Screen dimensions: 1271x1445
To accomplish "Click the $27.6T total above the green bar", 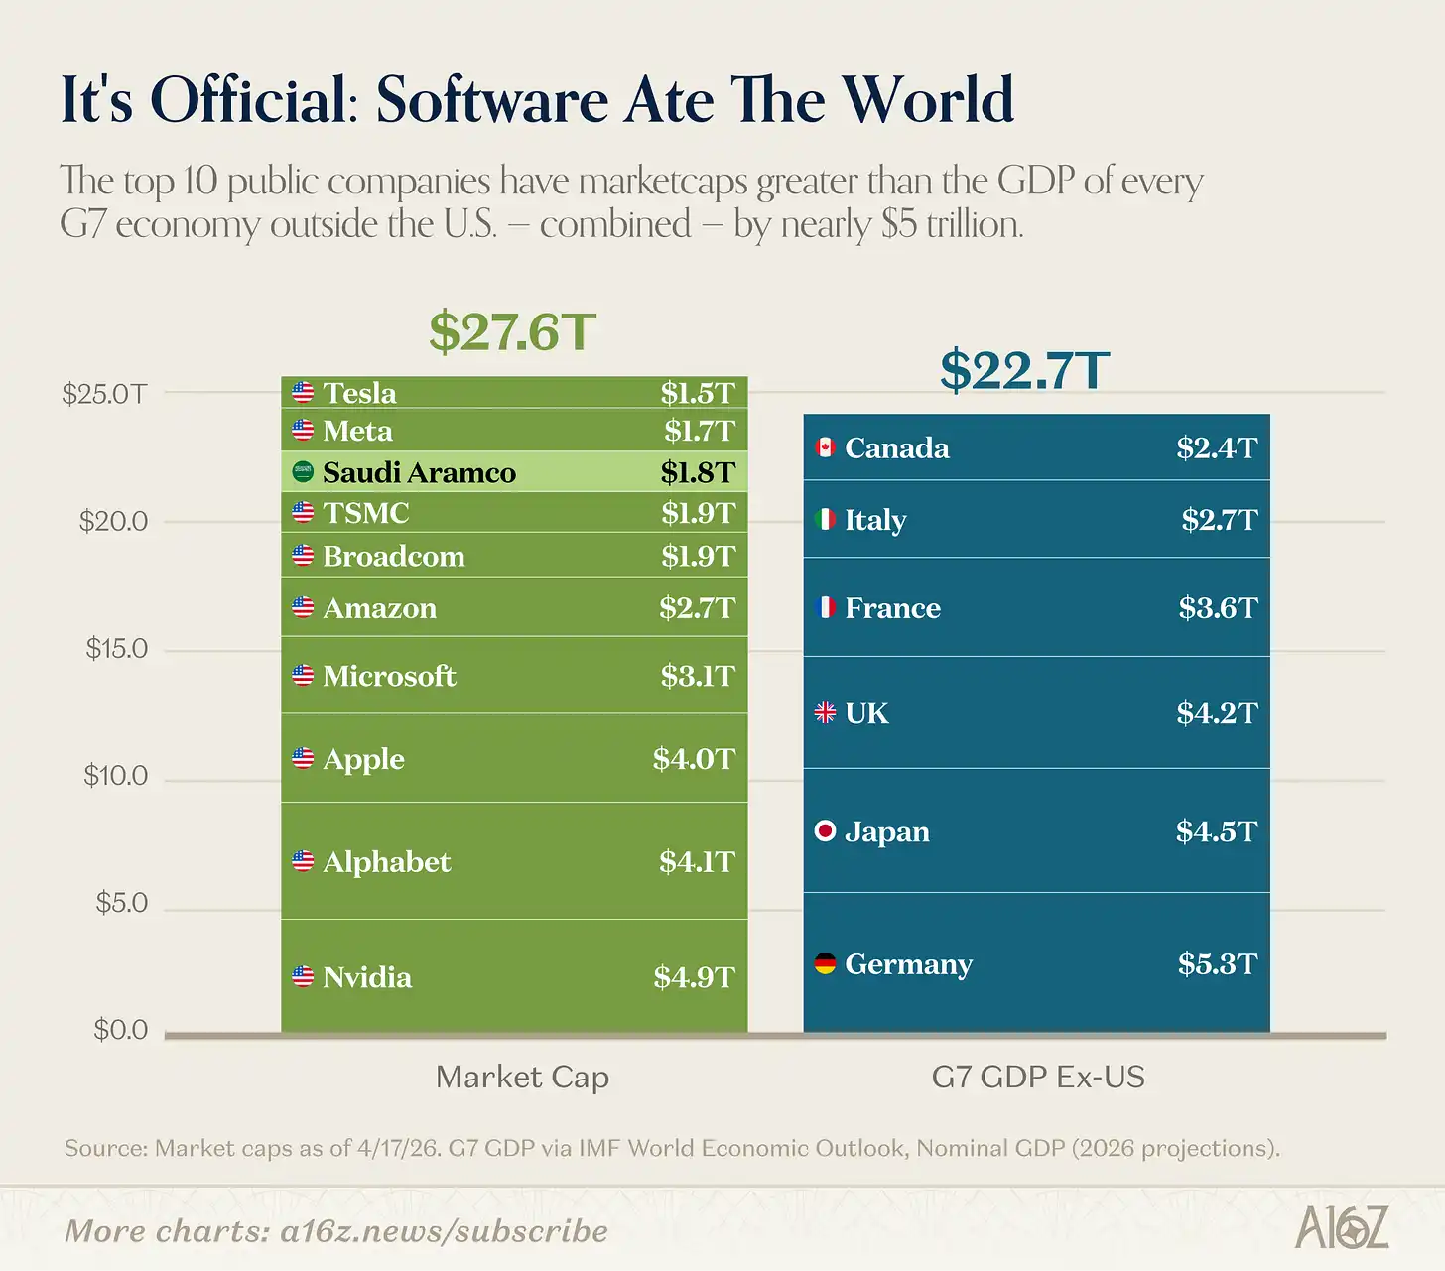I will point(512,332).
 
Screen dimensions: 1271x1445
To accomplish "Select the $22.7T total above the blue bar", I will point(1024,371).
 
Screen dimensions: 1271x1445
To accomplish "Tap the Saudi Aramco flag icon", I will point(303,472).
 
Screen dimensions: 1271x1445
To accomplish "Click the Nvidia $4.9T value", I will point(694,977).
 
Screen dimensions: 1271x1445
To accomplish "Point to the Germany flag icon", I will point(825,963).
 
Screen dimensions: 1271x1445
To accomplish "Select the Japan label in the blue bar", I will point(886,831).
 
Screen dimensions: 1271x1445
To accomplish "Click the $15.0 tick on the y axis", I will point(116,649).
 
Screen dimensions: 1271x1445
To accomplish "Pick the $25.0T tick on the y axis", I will point(104,394).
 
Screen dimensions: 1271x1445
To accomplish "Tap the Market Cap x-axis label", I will point(522,1077).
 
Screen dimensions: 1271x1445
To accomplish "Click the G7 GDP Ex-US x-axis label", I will point(1038,1077).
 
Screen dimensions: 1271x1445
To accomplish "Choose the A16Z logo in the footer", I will point(1342,1228).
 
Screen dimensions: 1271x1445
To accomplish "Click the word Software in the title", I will point(491,100).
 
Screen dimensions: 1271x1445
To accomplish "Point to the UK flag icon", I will point(825,712).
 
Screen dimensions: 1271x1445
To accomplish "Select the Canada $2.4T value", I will point(1217,447).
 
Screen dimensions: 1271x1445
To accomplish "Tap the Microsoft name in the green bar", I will point(389,676).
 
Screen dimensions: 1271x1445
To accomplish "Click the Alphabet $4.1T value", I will point(697,861).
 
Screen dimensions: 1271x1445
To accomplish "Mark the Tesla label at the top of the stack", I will point(359,393).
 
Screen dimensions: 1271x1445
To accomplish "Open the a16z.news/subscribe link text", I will point(444,1231).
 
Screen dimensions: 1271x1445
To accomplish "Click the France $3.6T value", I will point(1218,607).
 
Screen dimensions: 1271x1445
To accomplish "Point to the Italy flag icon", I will point(825,519).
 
